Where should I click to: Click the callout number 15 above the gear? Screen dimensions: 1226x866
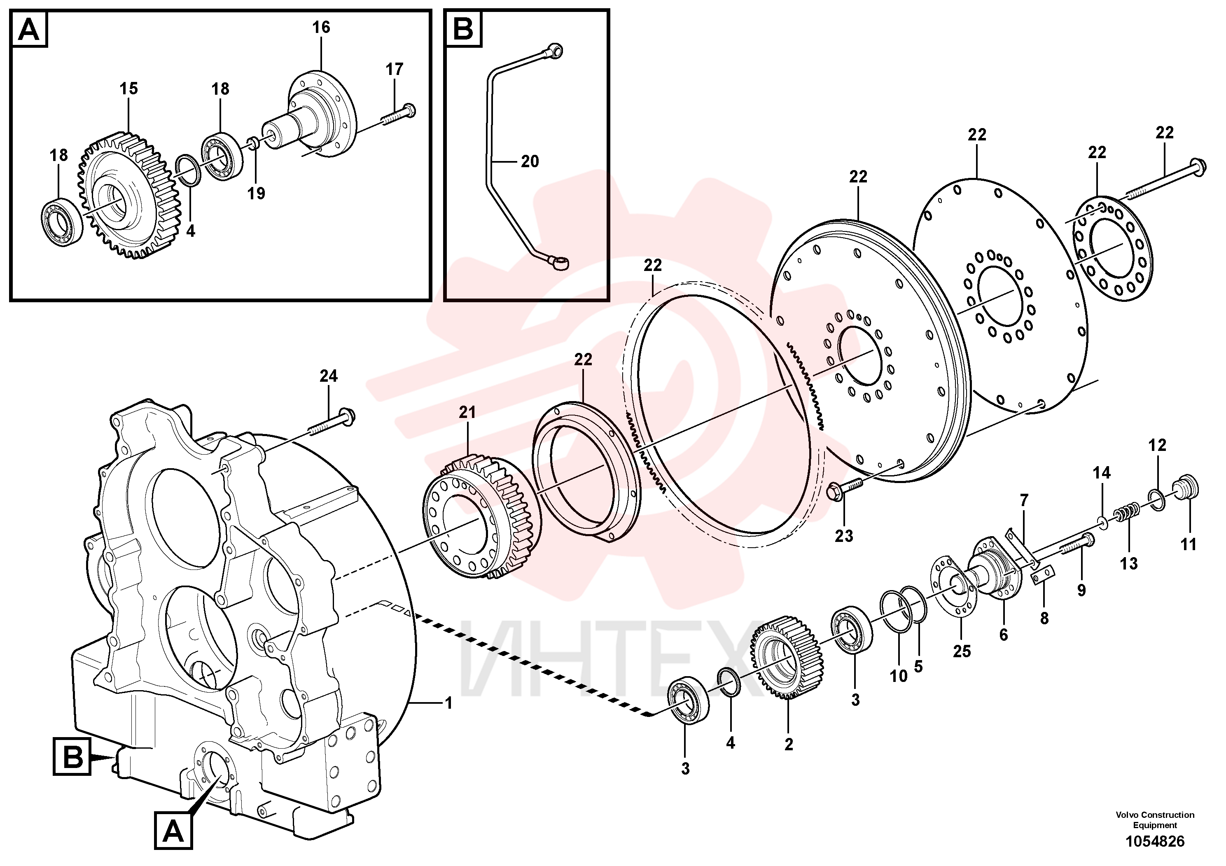(x=128, y=89)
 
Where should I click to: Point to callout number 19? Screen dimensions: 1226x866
(x=256, y=193)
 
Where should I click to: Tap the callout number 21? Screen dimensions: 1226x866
(x=467, y=412)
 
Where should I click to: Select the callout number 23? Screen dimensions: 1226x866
(x=844, y=535)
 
